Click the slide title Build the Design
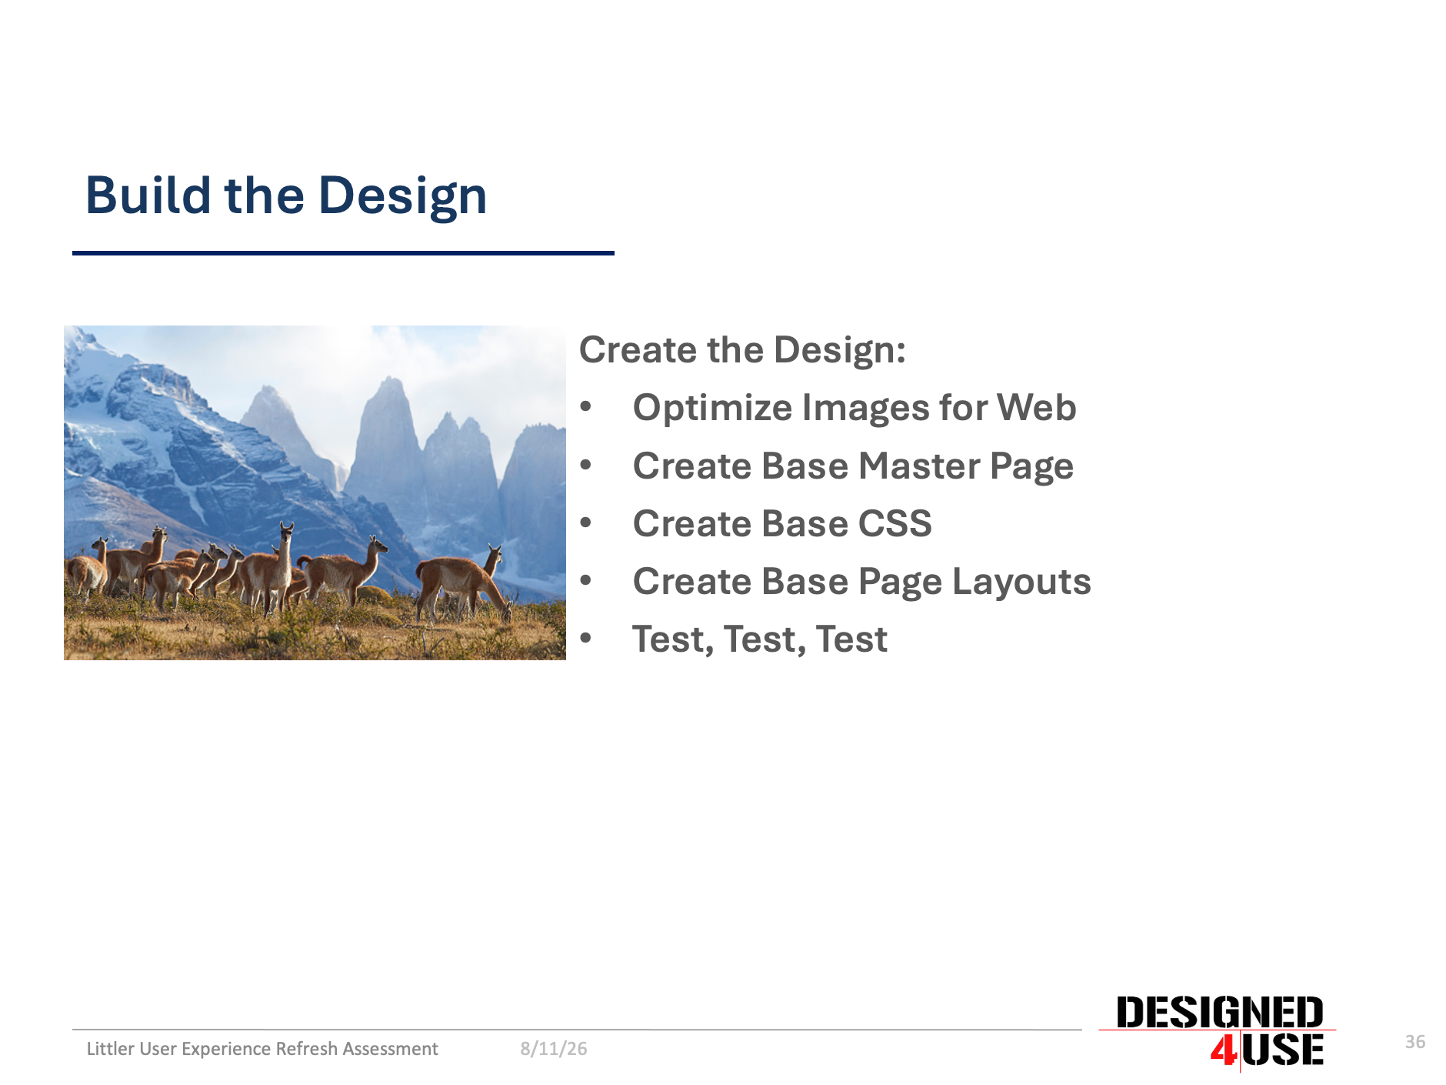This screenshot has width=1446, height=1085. (286, 196)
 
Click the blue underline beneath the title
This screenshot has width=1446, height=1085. (343, 252)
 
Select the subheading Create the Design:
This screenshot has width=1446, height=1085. (742, 351)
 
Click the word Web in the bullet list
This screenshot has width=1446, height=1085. (1037, 407)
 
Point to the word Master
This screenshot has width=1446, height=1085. (918, 466)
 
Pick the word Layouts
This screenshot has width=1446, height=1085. (1021, 581)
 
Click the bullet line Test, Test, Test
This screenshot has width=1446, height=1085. (760, 639)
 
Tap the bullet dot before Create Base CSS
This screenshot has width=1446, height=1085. (586, 523)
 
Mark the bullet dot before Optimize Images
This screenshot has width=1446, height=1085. (586, 407)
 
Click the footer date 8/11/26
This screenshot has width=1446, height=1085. (554, 1049)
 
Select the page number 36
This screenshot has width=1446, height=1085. (1415, 1042)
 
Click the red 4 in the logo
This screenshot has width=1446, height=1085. (1224, 1050)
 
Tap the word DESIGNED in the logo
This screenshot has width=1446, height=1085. (1220, 1013)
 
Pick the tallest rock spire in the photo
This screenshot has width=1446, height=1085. (389, 446)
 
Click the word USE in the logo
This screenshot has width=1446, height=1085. (1283, 1050)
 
